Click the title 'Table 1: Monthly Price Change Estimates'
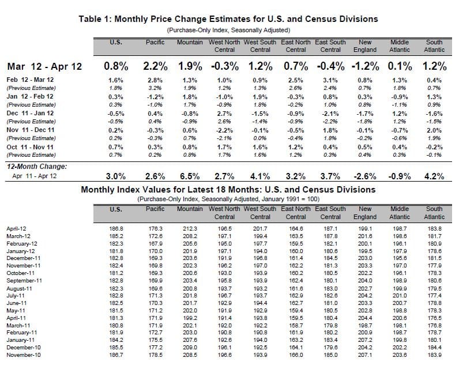tap(228, 19)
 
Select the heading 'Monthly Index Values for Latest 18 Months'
tap(228, 189)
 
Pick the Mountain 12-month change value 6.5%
tap(189, 176)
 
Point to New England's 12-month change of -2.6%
tap(364, 176)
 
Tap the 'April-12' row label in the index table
tap(17, 229)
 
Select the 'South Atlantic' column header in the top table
tap(434, 46)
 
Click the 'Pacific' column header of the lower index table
tap(156, 209)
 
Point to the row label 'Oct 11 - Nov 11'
tap(30, 147)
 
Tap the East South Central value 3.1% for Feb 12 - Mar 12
tap(330, 79)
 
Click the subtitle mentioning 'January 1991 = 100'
tap(228, 199)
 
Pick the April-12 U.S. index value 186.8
tap(115, 229)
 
